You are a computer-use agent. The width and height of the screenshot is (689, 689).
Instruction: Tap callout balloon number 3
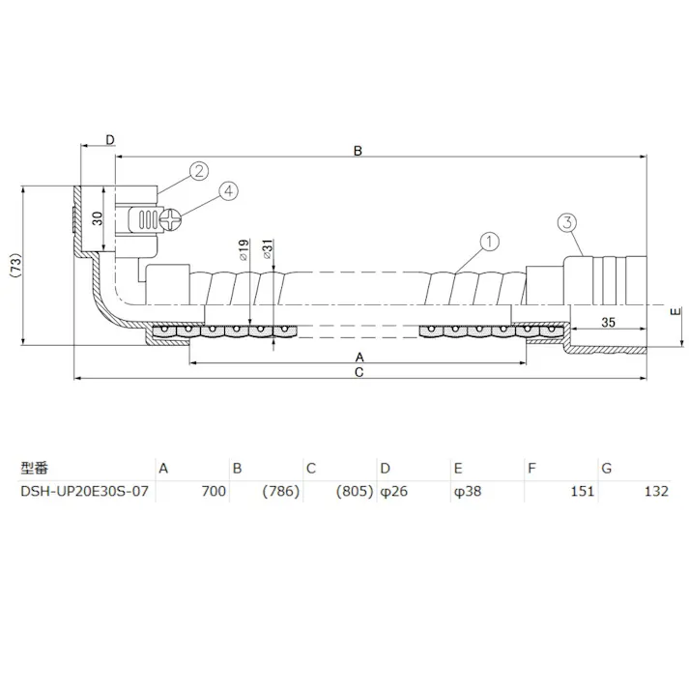(x=566, y=223)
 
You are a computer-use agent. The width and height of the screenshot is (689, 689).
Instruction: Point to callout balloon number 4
(x=228, y=190)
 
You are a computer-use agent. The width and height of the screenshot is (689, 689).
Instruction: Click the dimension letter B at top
(x=357, y=151)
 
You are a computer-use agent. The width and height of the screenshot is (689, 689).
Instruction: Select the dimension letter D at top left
(x=109, y=140)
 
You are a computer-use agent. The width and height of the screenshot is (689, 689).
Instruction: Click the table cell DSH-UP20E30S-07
(x=85, y=491)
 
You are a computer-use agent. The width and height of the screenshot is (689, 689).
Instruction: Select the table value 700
(x=213, y=491)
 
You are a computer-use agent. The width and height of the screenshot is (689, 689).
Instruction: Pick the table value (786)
(x=281, y=491)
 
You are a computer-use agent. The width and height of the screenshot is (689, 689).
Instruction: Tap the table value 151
(x=582, y=491)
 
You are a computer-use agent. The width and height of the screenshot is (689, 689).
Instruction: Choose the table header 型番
(x=34, y=469)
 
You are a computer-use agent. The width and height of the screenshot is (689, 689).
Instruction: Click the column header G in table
(x=607, y=469)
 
